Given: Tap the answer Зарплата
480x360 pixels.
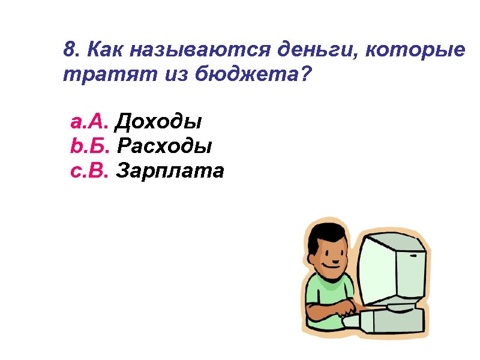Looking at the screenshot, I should (170, 172).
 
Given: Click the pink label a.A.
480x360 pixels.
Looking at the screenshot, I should (89, 123).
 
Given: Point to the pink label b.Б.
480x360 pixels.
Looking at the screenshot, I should (89, 147).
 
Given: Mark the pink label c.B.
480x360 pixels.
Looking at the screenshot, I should (89, 172).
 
